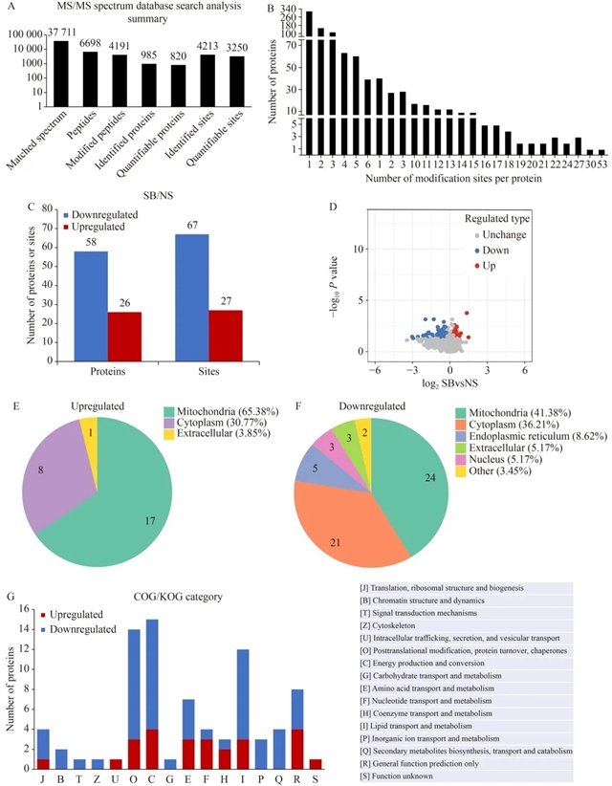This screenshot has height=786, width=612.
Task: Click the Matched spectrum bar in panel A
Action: tap(61, 73)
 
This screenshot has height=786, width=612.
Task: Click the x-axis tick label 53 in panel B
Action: tap(601, 164)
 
